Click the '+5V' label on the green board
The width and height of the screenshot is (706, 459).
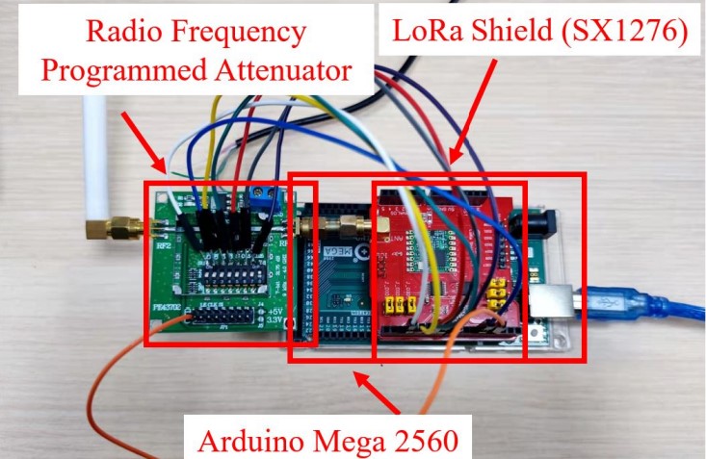(274, 310)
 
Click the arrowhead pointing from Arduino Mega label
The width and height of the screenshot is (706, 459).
(362, 380)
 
